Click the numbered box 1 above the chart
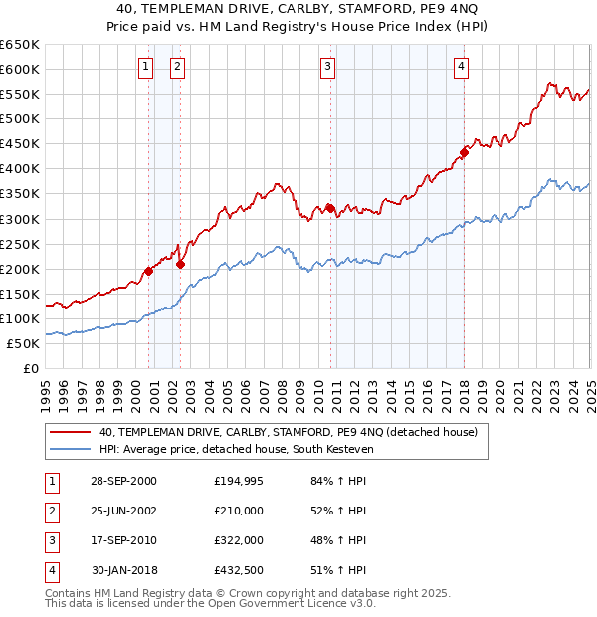point(145,67)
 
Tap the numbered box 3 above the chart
point(327,67)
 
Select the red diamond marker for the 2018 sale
point(464,152)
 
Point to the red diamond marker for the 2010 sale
point(329,208)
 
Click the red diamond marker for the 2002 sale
point(180,264)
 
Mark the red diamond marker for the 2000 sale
point(148,271)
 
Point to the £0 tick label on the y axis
point(31,369)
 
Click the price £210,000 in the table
point(239,511)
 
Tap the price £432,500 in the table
point(239,570)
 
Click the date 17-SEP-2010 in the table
point(123,540)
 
